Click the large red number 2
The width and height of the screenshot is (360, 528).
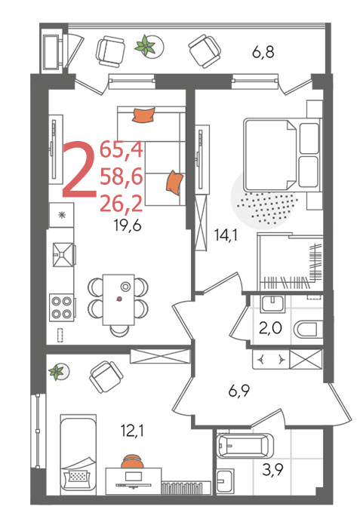79,168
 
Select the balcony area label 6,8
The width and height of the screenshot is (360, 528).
263,52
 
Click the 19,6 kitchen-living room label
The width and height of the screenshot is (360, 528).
128,226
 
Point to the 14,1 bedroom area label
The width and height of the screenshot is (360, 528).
226,235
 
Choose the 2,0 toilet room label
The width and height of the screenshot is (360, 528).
271,327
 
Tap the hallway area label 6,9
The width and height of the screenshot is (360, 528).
238,391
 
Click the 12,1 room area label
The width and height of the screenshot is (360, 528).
132,430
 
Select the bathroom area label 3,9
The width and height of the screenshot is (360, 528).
272,470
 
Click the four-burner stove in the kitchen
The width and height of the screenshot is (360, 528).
62,308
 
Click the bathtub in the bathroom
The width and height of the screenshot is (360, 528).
244,446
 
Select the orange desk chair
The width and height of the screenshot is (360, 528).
132,461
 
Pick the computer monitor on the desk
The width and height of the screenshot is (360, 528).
134,477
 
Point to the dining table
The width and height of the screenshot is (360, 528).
118,299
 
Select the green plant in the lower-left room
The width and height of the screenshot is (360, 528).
57,372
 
